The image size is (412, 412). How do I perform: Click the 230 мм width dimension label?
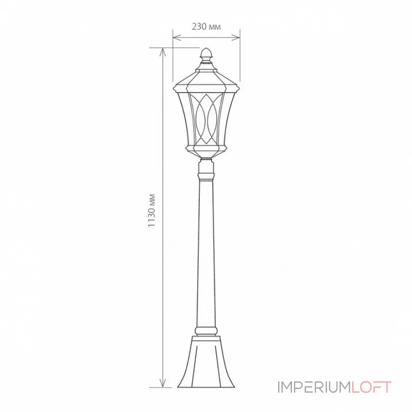(x=206, y=27)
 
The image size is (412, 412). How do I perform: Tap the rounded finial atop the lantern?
(x=206, y=53)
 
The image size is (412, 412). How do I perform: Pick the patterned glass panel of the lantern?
(x=206, y=118)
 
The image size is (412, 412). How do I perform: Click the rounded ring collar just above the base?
(x=206, y=330)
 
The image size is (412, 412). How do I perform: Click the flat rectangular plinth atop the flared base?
(x=206, y=340)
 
